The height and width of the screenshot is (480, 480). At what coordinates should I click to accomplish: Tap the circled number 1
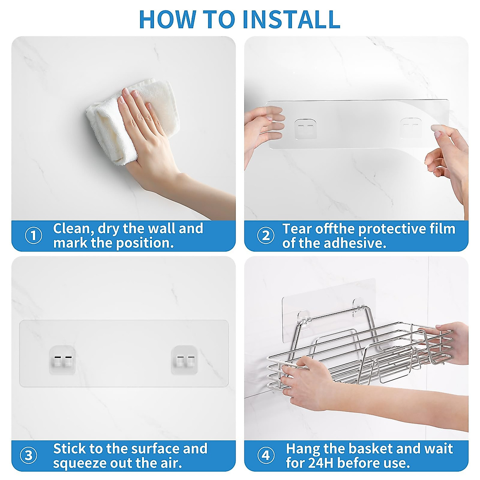click(x=33, y=235)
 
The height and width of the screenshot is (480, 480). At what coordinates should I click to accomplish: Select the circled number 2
click(x=266, y=235)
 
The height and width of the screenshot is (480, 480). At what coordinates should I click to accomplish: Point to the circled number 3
click(x=29, y=455)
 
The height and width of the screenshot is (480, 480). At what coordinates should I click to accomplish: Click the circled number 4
click(x=266, y=455)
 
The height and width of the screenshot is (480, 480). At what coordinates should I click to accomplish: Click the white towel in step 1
click(x=132, y=120)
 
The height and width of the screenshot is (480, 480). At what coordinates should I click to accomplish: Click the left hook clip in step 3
click(x=62, y=360)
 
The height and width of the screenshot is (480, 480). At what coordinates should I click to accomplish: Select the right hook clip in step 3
click(x=184, y=360)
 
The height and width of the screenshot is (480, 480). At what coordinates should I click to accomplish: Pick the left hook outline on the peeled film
click(x=305, y=129)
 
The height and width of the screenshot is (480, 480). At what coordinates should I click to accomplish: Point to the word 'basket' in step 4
click(x=370, y=448)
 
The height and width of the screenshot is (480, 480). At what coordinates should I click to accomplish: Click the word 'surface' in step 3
click(x=155, y=448)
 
